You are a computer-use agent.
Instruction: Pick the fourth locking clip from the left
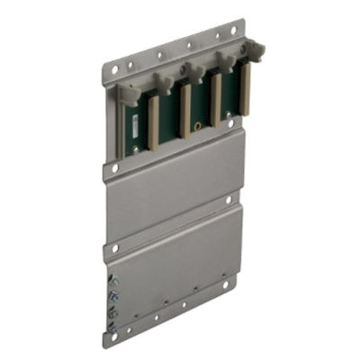[223, 60]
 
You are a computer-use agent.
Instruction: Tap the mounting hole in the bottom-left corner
[113, 337]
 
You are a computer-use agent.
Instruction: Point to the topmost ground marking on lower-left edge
[112, 280]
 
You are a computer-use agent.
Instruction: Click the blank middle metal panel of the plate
[175, 193]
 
